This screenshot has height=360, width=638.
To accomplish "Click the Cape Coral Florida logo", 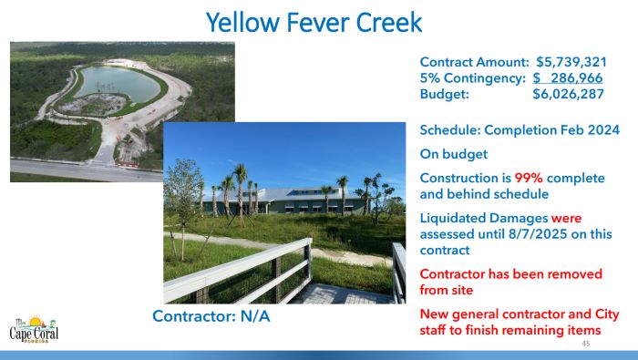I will (x=35, y=329).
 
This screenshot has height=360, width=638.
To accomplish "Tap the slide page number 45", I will (x=585, y=345).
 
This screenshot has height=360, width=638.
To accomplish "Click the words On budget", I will (x=456, y=154).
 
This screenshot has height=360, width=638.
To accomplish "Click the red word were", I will (x=566, y=218).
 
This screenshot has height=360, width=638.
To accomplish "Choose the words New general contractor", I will (x=499, y=314).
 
